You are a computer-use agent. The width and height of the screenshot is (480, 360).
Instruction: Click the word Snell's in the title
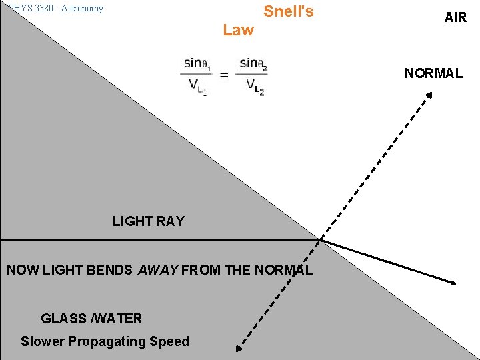tap(288, 11)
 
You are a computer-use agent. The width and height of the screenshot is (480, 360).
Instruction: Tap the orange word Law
tap(238, 30)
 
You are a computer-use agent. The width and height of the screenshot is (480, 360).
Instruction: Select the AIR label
tap(455, 17)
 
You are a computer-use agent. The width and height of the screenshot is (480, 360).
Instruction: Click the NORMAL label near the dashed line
tap(433, 73)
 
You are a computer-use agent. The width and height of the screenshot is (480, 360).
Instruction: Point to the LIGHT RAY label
tap(148, 221)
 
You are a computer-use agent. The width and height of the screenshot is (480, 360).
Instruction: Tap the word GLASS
tap(63, 319)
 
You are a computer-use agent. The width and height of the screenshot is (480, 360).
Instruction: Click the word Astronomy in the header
tap(82, 9)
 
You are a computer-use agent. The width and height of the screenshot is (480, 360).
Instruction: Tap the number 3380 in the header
tap(41, 9)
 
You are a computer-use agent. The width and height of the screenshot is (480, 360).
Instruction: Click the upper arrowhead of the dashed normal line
tap(430, 95)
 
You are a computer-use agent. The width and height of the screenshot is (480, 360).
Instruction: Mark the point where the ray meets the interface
tap(320, 239)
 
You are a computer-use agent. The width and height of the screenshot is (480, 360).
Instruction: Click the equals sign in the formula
tap(224, 75)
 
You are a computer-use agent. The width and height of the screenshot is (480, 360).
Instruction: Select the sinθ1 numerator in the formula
tap(197, 64)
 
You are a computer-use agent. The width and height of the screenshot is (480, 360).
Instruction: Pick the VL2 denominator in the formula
tap(255, 86)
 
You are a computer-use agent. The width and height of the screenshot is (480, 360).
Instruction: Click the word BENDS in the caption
tap(109, 270)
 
